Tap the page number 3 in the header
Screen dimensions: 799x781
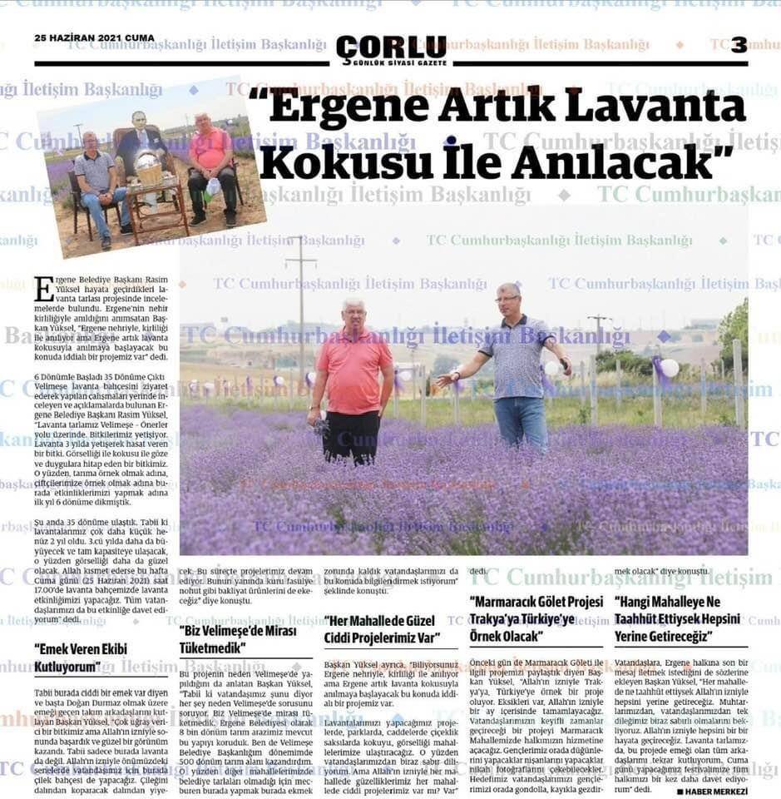739,45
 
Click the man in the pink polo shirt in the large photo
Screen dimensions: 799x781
353,379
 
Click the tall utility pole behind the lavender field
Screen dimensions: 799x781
301,308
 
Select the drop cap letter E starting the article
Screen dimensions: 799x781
44,289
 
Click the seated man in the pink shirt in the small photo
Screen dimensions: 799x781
211,166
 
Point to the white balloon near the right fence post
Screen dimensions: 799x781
669,367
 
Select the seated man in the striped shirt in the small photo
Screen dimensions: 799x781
98,183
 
